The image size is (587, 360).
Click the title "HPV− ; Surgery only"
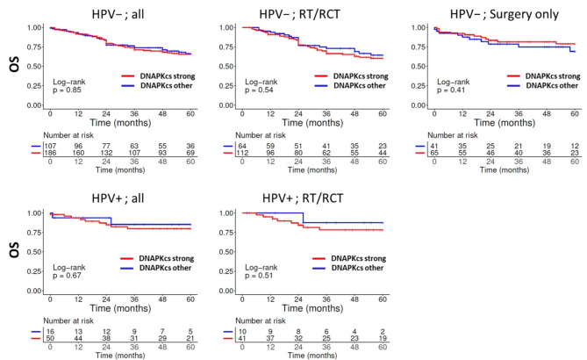[x=504, y=14]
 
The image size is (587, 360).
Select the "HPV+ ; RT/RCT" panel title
[x=303, y=198]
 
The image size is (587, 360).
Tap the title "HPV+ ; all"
[x=118, y=198]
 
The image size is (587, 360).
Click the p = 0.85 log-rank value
[x=67, y=90]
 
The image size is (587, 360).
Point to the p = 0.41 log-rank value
[x=451, y=90]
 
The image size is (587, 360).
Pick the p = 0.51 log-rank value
[x=259, y=276]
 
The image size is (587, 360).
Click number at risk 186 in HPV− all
[x=50, y=153]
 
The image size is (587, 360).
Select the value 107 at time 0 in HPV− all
[x=50, y=146]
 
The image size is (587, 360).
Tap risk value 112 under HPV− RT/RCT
[x=242, y=153]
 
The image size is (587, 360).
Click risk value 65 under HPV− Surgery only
[x=434, y=153]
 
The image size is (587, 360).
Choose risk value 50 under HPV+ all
[x=50, y=339]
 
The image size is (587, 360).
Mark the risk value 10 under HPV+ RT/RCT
[x=242, y=332]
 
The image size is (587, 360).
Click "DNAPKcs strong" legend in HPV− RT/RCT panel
[x=361, y=76]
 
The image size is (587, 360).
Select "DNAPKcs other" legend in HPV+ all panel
[x=165, y=268]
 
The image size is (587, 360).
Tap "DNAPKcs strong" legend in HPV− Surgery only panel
[x=553, y=76]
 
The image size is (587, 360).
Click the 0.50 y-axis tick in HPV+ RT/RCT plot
[x=226, y=252]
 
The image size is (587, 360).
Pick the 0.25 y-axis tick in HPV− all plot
[x=34, y=86]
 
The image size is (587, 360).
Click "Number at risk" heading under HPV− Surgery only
[x=453, y=135]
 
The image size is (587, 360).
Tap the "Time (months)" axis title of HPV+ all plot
[x=120, y=308]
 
